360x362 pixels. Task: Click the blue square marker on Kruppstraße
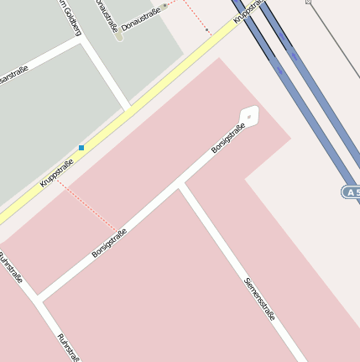(81, 148)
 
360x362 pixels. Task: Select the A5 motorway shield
(351, 192)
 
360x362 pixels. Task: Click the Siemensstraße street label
(259, 298)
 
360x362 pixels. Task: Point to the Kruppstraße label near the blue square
(57, 172)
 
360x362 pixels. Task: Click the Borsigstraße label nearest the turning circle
(227, 137)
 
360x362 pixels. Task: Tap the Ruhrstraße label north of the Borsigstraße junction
(11, 267)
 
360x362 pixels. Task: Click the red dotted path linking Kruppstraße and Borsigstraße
(87, 207)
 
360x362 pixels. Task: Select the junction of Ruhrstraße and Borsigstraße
(38, 298)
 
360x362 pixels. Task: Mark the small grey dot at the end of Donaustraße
(165, 5)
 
